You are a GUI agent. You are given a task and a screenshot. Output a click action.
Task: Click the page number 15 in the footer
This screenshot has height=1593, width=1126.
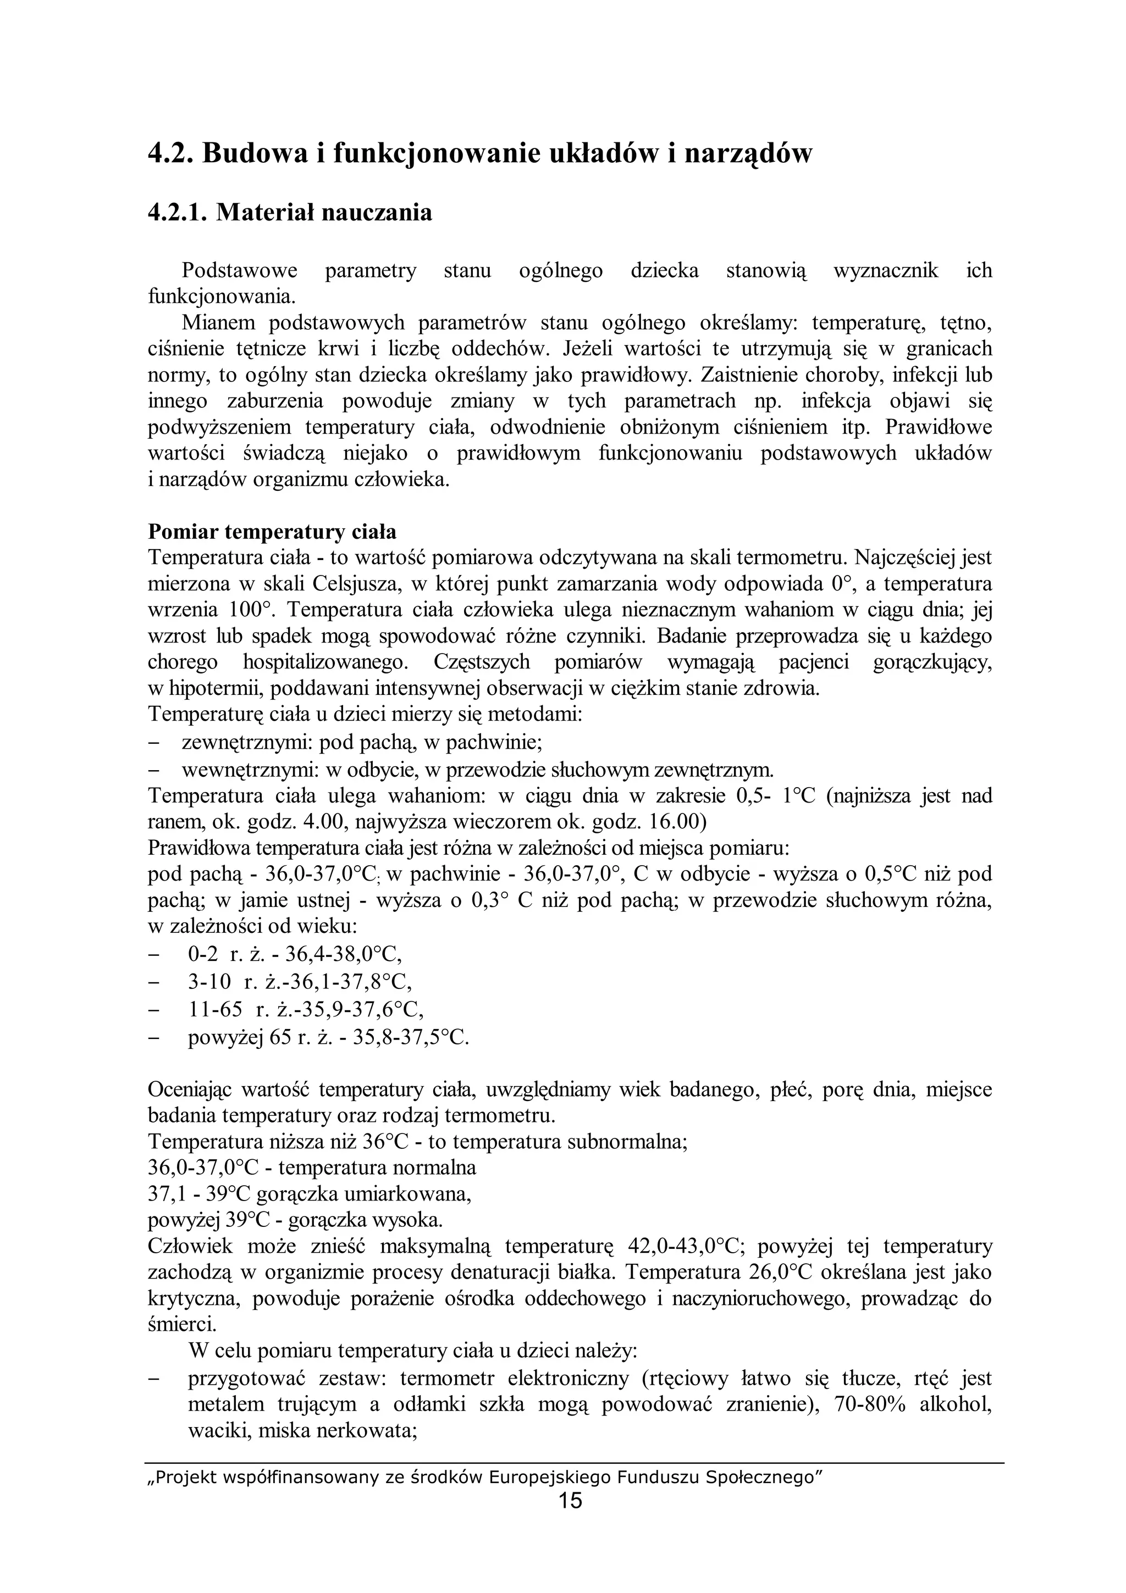point(570,1501)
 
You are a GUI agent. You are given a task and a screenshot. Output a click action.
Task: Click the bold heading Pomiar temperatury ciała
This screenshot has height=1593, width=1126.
point(272,532)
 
